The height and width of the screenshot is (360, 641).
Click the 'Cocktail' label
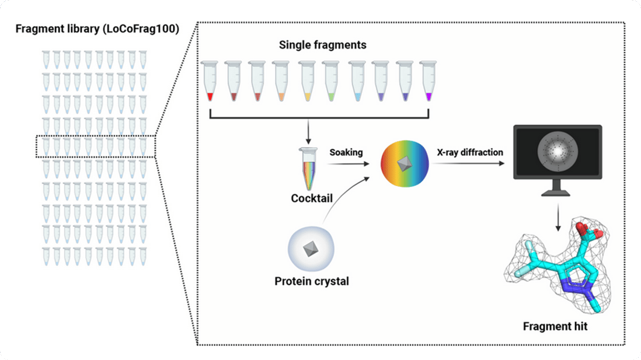pyautogui.click(x=312, y=198)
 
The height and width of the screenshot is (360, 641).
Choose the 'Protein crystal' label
pyautogui.click(x=312, y=282)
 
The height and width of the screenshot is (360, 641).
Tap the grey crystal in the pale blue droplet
pyautogui.click(x=311, y=250)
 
